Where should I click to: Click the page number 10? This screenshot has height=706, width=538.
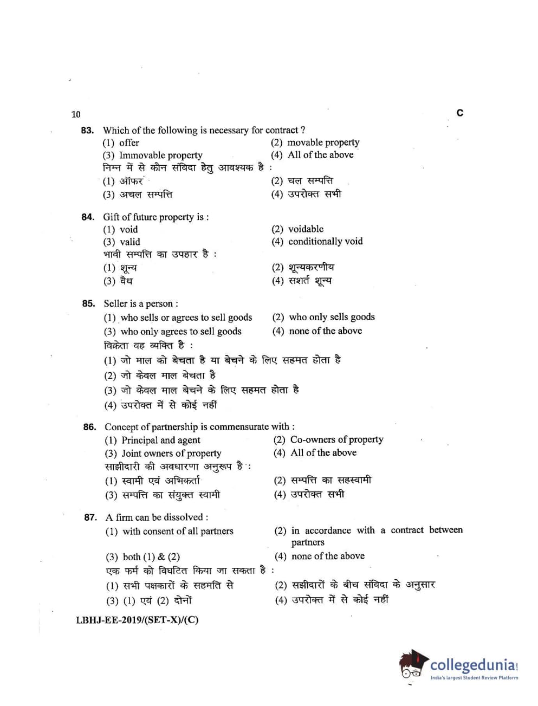pyautogui.click(x=76, y=114)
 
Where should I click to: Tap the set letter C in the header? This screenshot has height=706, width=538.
pyautogui.click(x=460, y=113)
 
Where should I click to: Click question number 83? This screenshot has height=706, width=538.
pyautogui.click(x=87, y=130)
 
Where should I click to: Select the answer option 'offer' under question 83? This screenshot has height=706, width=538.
pyautogui.click(x=129, y=143)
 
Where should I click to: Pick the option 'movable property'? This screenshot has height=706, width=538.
pyautogui.click(x=323, y=143)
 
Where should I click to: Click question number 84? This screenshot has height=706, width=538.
pyautogui.click(x=88, y=217)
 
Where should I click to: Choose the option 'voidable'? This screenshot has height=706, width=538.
pyautogui.click(x=306, y=229)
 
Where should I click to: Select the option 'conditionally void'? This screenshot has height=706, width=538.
pyautogui.click(x=325, y=242)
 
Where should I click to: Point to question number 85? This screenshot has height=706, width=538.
pyautogui.click(x=88, y=303)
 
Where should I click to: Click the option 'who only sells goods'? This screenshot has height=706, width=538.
pyautogui.click(x=332, y=317)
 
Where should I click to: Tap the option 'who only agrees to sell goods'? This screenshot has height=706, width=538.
pyautogui.click(x=180, y=332)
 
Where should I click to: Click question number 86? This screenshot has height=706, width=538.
pyautogui.click(x=89, y=427)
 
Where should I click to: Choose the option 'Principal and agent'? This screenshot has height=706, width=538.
pyautogui.click(x=160, y=441)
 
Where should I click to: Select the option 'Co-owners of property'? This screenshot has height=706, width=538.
pyautogui.click(x=336, y=439)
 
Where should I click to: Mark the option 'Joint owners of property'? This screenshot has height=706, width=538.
pyautogui.click(x=171, y=454)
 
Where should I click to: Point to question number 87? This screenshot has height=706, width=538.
pyautogui.click(x=90, y=517)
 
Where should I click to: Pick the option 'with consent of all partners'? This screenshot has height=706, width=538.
pyautogui.click(x=178, y=531)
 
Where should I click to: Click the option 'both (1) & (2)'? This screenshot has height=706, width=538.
pyautogui.click(x=151, y=557)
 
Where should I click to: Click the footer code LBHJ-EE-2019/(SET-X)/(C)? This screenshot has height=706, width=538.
pyautogui.click(x=137, y=620)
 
